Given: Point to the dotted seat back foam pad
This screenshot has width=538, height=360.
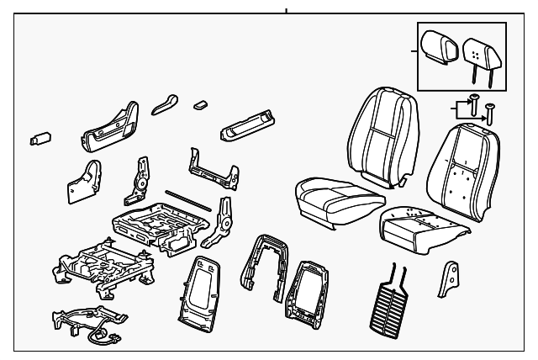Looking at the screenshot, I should (x=459, y=167).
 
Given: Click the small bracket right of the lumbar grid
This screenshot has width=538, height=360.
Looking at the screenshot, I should (x=449, y=279).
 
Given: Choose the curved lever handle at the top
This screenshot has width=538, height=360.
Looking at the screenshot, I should (x=165, y=103).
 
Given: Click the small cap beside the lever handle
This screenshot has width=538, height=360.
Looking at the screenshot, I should (x=201, y=105).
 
